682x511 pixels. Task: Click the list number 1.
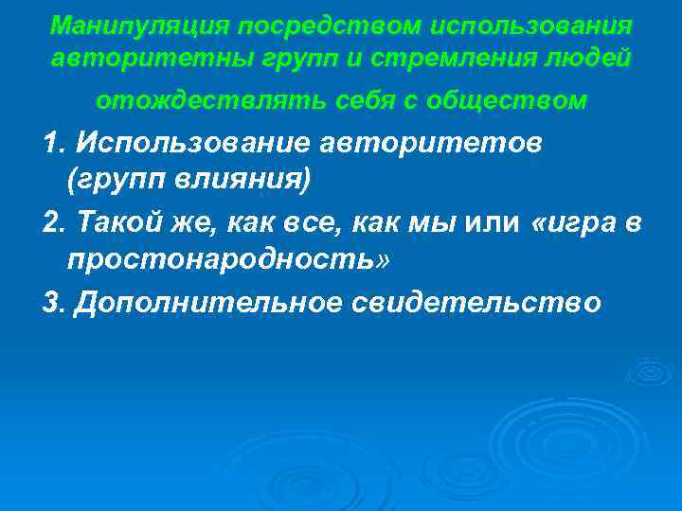coord(53,143)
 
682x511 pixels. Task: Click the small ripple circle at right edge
coord(650,372)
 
